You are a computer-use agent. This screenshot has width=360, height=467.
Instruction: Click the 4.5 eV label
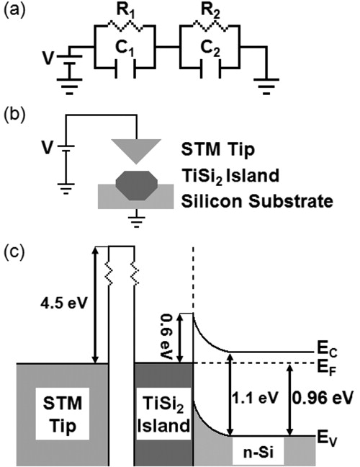pos(60,302)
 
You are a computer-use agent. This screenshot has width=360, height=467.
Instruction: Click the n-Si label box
pos(259,453)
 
